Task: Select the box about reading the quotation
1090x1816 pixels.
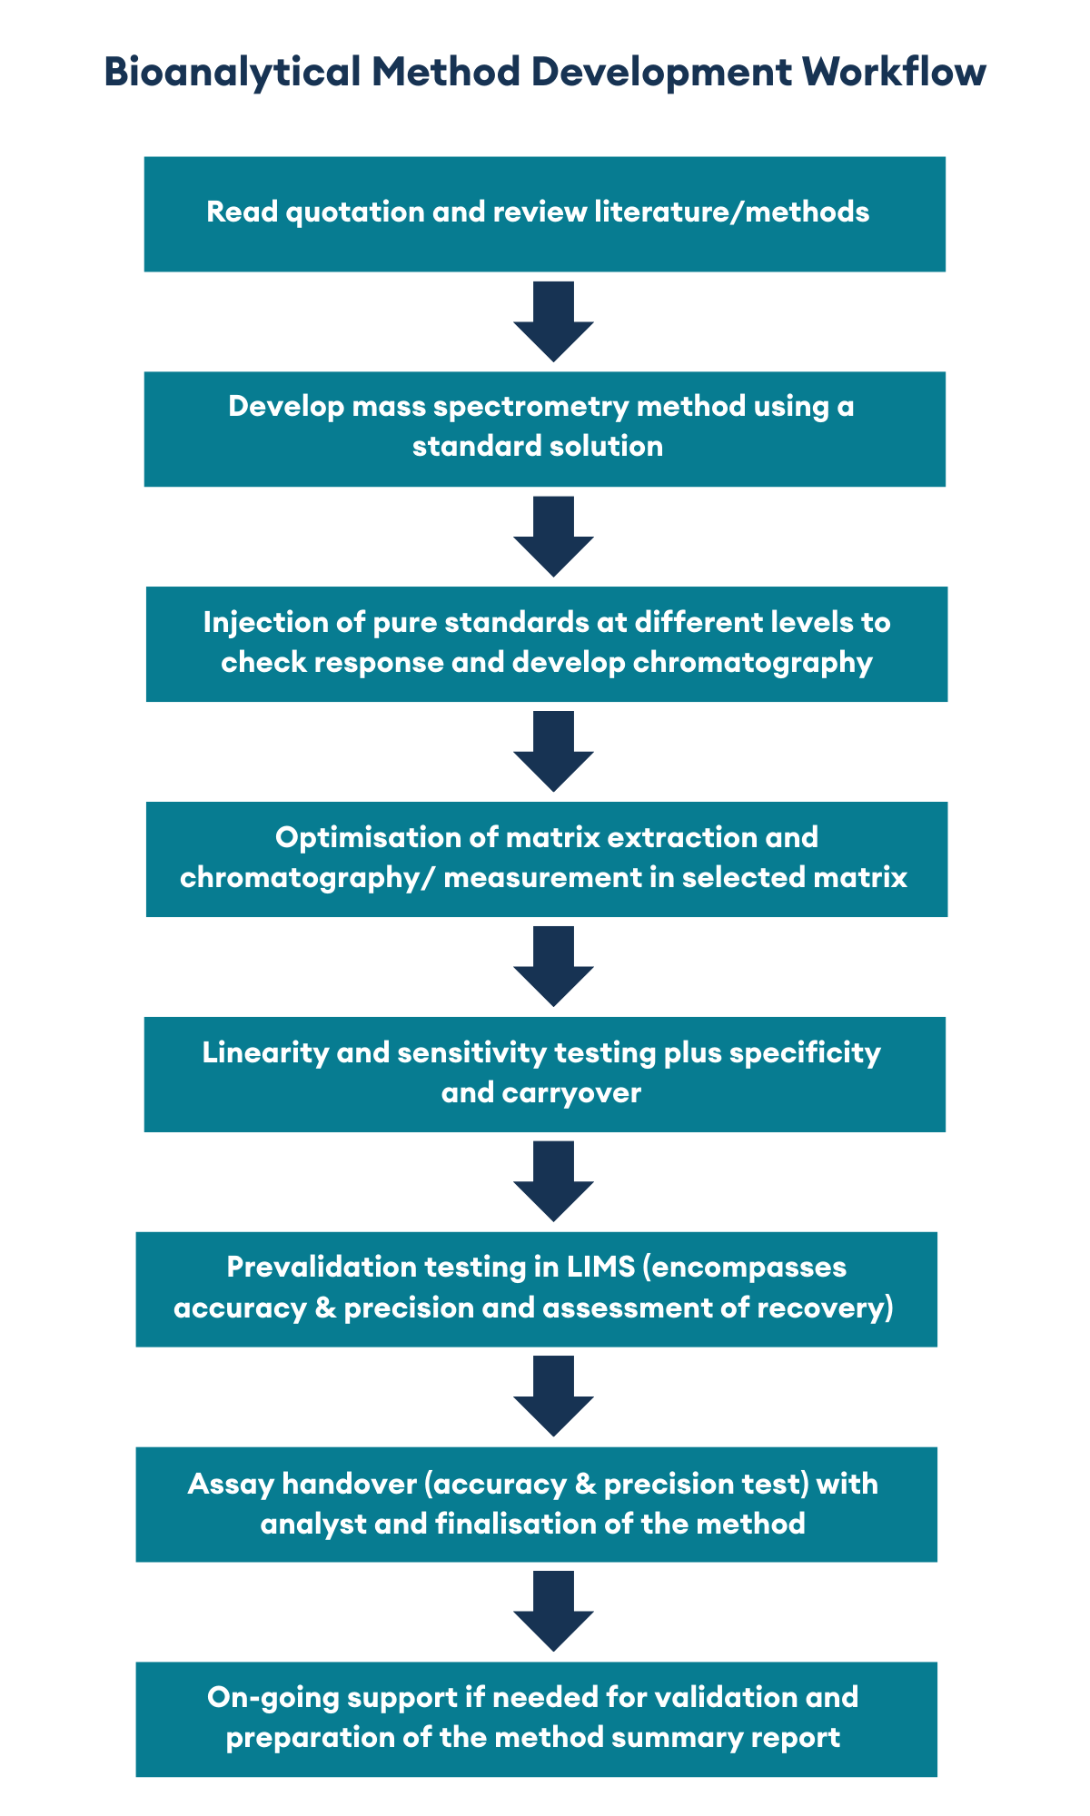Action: tap(545, 214)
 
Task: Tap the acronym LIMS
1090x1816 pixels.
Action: tap(599, 1267)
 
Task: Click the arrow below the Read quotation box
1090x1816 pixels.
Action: tap(553, 321)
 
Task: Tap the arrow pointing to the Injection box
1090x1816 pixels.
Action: tap(553, 537)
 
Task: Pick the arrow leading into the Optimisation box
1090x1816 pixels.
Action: tap(553, 752)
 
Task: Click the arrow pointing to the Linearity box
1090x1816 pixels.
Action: tap(553, 966)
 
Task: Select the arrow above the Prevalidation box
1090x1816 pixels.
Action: tap(553, 1181)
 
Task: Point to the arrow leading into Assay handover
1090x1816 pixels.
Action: tap(553, 1396)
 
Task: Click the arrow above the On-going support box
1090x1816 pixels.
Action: tap(553, 1611)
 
